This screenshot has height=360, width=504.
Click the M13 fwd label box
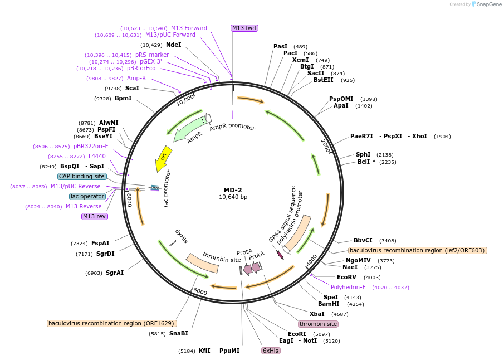click(x=244, y=28)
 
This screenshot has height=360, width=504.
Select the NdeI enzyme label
click(x=173, y=45)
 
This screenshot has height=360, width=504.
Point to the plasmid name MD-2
click(x=233, y=189)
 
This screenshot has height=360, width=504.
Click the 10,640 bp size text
click(x=233, y=197)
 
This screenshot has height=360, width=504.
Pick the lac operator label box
click(x=87, y=196)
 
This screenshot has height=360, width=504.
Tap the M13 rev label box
click(x=94, y=216)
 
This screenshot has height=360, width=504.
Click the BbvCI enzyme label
click(x=363, y=240)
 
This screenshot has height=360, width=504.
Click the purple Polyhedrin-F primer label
click(x=348, y=288)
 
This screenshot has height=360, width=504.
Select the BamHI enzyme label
click(x=329, y=304)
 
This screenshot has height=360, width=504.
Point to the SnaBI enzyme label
click(x=178, y=333)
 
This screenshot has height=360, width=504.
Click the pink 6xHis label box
click(x=271, y=351)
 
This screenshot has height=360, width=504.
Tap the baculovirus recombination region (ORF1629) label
click(x=111, y=323)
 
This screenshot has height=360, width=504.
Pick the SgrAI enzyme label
click(x=115, y=273)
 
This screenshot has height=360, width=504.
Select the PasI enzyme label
click(x=281, y=46)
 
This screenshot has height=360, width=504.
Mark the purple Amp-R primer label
click(x=136, y=79)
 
